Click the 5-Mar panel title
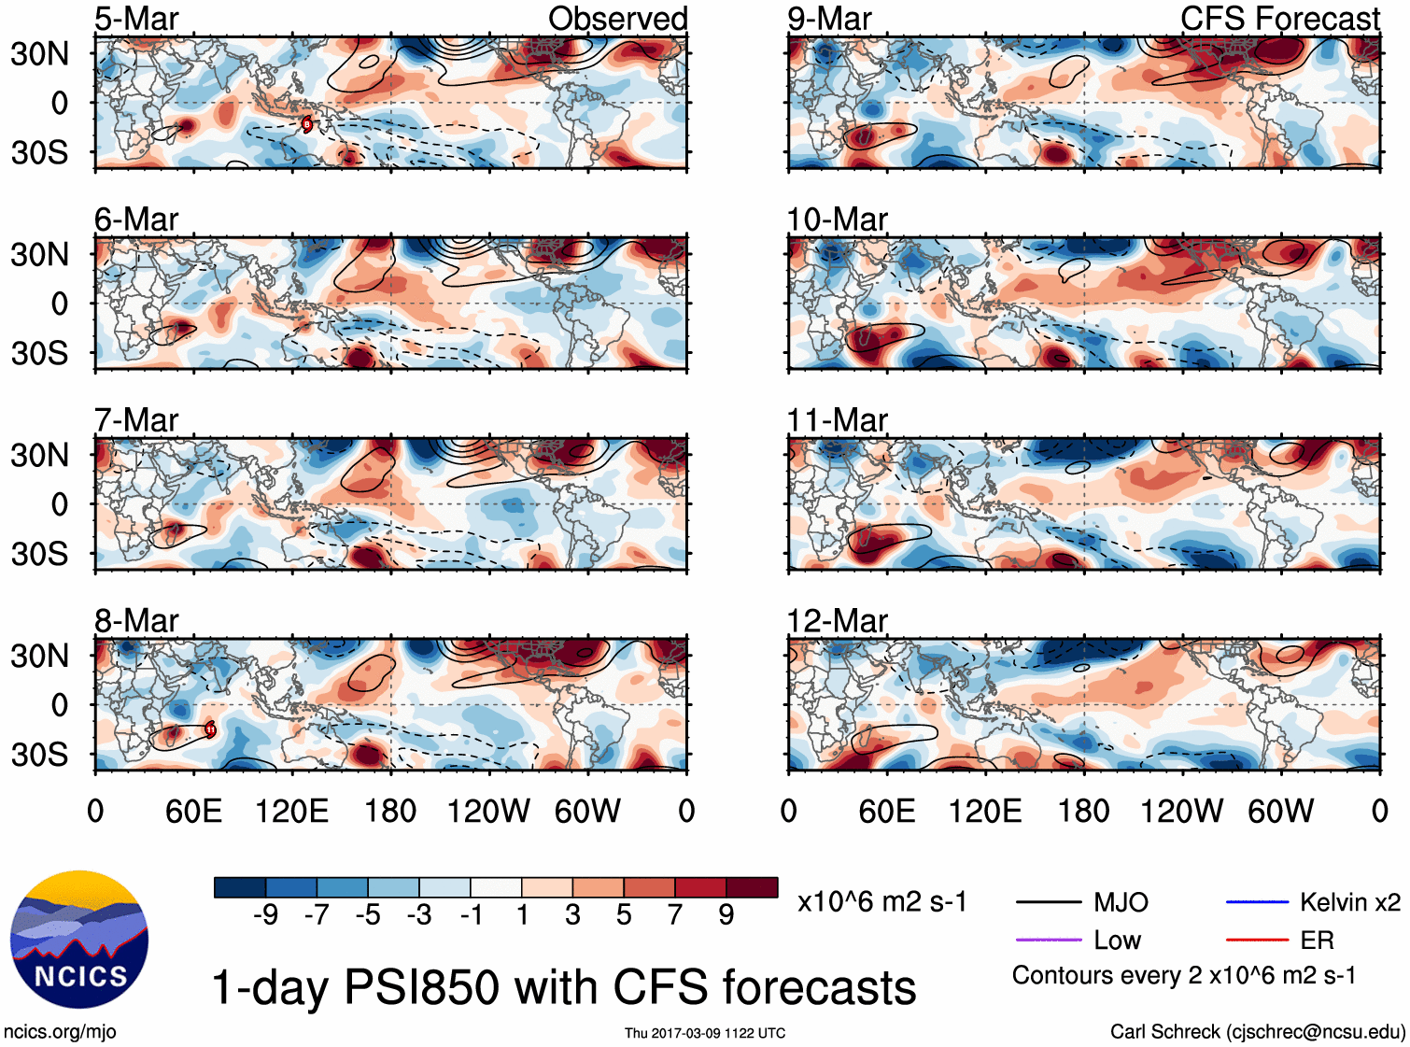coord(136,19)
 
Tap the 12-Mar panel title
coord(837,621)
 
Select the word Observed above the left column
coord(617,19)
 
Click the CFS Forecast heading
coord(1279,19)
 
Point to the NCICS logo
coord(79,940)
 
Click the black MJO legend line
coord(1048,902)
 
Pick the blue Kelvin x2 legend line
coord(1257,902)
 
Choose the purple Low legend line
coord(1048,940)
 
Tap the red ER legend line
coord(1257,940)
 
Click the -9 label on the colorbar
coord(265,914)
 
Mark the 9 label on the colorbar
coord(726,914)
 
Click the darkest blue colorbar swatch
coord(240,887)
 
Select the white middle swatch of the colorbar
coord(496,887)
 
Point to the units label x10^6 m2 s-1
coord(881,902)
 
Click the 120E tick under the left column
coord(292,811)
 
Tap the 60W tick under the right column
coord(1280,811)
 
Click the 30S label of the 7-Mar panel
coord(39,554)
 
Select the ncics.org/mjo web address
coord(60,1032)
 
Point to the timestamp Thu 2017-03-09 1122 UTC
coord(705,1033)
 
